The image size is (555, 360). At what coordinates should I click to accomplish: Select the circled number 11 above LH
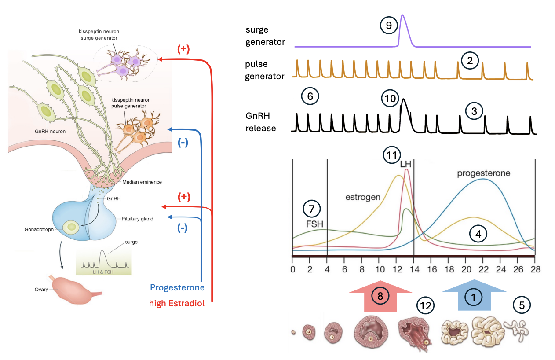click(392, 155)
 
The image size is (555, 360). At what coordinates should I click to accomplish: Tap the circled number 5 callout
click(522, 304)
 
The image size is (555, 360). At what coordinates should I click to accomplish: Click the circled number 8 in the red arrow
click(380, 296)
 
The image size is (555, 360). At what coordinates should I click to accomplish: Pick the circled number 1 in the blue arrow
click(474, 297)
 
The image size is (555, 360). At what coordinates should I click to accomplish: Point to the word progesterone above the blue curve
click(484, 173)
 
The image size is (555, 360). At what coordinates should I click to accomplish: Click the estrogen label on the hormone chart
click(363, 197)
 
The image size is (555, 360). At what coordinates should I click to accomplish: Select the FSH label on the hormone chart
click(315, 223)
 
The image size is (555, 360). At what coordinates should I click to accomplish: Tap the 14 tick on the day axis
click(414, 269)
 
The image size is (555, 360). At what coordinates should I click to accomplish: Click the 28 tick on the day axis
click(535, 269)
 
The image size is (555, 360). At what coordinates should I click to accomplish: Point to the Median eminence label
click(142, 182)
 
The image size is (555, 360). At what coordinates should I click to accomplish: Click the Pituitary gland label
click(137, 219)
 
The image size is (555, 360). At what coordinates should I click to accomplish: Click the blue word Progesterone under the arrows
click(177, 287)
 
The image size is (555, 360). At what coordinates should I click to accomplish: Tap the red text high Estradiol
click(177, 303)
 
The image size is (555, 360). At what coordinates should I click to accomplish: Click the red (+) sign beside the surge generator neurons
click(183, 49)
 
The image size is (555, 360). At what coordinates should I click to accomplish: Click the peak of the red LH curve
click(407, 169)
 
